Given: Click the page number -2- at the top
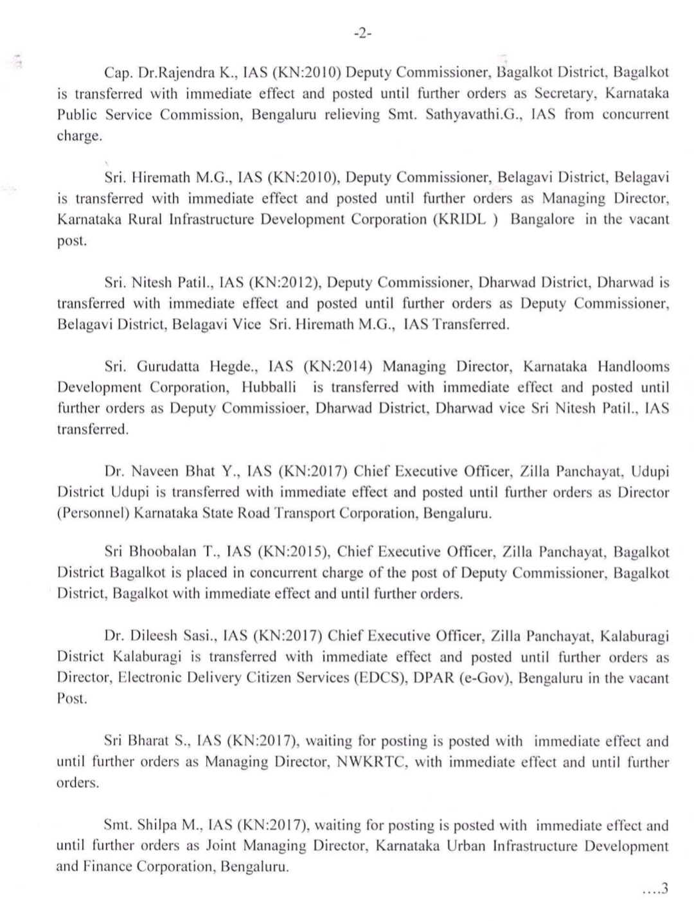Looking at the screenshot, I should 362,34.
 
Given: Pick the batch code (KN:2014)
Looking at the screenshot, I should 338,366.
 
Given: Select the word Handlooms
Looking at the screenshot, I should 633,366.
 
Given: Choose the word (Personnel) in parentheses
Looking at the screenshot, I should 92,514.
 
